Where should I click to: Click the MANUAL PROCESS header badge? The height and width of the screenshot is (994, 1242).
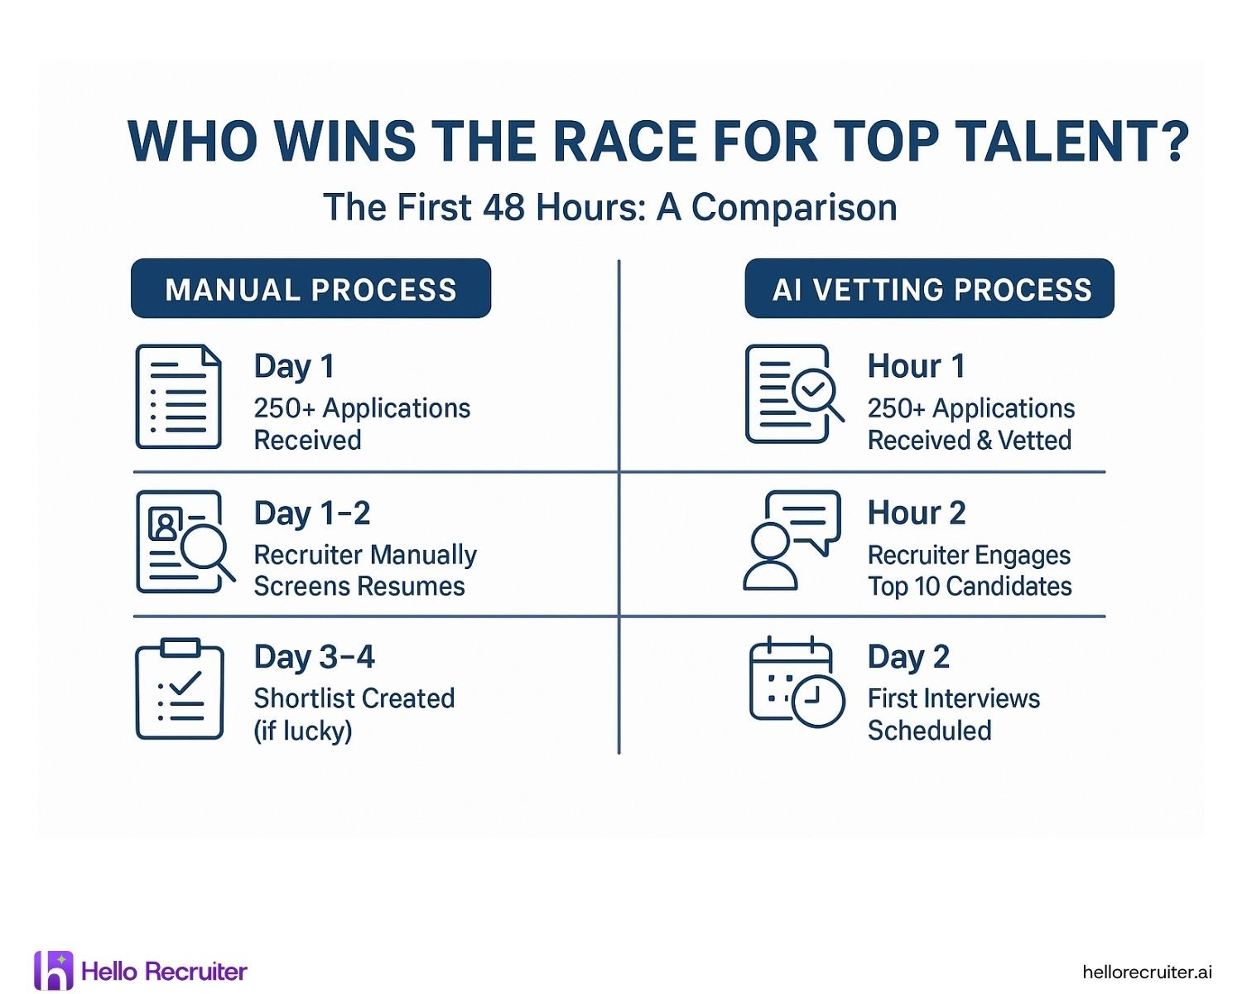310,289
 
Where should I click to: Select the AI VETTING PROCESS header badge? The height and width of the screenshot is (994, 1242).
929,289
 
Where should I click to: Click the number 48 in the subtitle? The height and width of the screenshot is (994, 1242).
503,207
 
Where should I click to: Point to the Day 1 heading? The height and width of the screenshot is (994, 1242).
294,366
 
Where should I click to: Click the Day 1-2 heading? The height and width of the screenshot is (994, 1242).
312,514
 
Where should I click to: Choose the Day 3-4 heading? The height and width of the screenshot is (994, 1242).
315,658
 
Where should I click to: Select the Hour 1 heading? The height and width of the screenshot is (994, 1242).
916,366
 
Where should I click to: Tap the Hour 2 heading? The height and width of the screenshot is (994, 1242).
917,514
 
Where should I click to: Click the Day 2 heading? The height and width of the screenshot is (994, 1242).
908,658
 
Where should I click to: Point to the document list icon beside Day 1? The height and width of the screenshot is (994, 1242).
179,397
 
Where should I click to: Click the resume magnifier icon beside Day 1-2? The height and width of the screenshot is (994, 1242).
184,542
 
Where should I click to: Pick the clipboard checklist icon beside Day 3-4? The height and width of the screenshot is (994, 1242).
180,689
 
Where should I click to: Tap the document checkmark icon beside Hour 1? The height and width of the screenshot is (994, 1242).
793,394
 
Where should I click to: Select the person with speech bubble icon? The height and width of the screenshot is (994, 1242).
791,540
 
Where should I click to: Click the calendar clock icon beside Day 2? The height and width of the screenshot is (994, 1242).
796,683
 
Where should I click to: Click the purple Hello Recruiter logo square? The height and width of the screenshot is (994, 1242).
54,970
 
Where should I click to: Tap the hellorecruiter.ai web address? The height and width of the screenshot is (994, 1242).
1147,972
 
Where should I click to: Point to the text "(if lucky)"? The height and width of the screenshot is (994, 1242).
303,731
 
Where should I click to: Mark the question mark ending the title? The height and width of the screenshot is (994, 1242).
1175,142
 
